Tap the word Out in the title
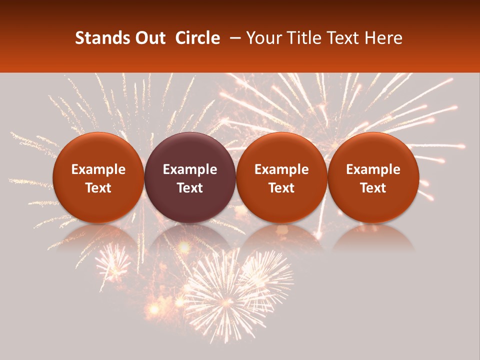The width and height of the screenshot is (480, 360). tap(150, 38)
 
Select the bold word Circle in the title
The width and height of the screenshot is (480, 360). tap(197, 38)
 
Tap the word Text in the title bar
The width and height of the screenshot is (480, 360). tap(343, 38)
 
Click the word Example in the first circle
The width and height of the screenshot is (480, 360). tap(98, 169)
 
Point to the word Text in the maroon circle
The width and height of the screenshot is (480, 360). tap(190, 188)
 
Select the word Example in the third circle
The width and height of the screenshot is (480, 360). tap(281, 169)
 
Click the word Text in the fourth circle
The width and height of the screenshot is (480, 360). tap(373, 188)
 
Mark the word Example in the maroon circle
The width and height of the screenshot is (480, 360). tap(190, 169)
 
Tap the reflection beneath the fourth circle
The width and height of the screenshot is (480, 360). tap(373, 237)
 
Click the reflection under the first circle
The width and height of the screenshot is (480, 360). tap(98, 237)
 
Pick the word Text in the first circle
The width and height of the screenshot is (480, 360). tap(98, 188)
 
